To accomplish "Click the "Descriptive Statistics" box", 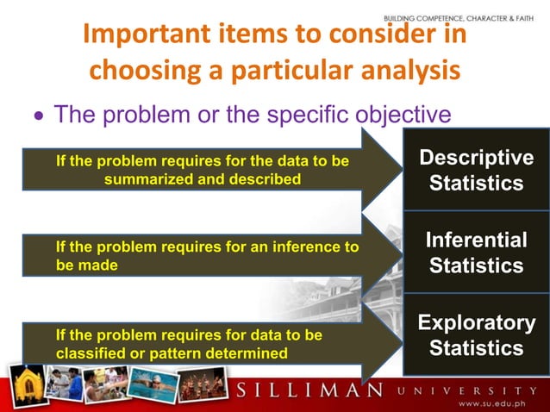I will pos(476,171).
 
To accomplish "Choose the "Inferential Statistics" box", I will pos(476,253).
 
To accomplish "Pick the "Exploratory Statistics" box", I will pos(476,335).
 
